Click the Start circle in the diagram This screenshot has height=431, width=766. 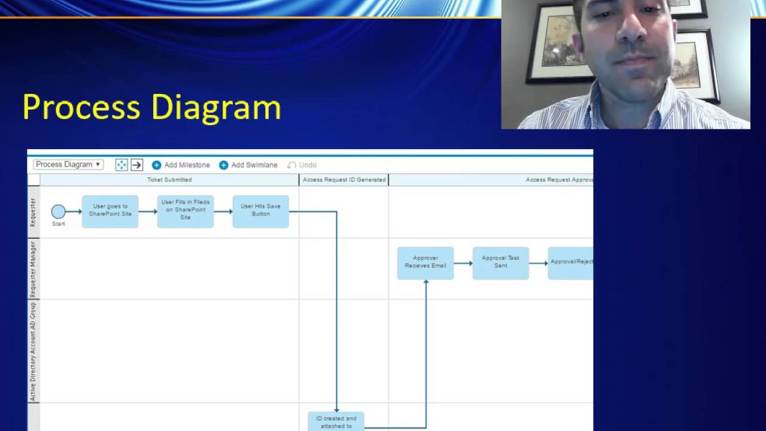coord(58,211)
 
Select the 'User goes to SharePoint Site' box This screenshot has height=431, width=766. coord(110,211)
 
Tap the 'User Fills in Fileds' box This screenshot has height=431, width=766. coord(186,211)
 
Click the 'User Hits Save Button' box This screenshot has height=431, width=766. coord(260,211)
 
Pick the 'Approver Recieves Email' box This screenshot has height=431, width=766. coord(425,263)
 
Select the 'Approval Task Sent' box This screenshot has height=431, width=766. coord(500,263)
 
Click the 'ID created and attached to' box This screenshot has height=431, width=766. coord(336,421)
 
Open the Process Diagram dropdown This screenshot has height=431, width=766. coord(68,165)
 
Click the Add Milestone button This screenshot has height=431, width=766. coord(181,165)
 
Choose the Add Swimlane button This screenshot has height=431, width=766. coord(248,165)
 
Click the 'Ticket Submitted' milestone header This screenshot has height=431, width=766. coord(169,180)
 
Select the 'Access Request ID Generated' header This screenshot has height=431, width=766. coord(344,180)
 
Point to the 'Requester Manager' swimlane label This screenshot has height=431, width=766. coord(34,269)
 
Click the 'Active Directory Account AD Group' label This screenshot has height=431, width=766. coord(34,351)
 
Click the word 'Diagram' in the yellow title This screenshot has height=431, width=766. coord(216,108)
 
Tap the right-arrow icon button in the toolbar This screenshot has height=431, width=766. coord(136,165)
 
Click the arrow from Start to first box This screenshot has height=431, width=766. coord(74,211)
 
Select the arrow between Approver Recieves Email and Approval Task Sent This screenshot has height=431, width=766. coord(463,263)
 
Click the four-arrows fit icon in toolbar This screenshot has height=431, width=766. coord(121,165)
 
